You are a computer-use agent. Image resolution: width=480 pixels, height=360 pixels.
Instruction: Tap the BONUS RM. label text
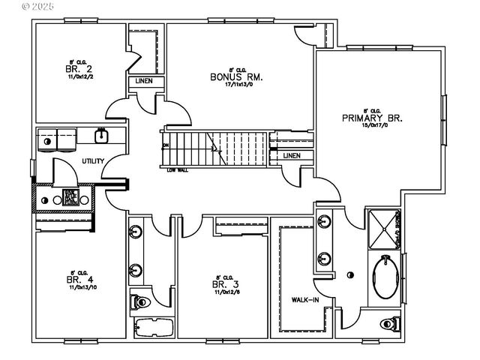[x=230, y=76]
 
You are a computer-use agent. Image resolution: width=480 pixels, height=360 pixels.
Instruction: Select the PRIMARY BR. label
[x=372, y=118]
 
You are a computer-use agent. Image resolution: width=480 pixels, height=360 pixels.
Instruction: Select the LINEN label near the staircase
[x=292, y=155]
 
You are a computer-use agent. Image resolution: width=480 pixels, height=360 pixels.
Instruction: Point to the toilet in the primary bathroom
[x=387, y=324]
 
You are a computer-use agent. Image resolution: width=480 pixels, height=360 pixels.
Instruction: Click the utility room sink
[x=100, y=136]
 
